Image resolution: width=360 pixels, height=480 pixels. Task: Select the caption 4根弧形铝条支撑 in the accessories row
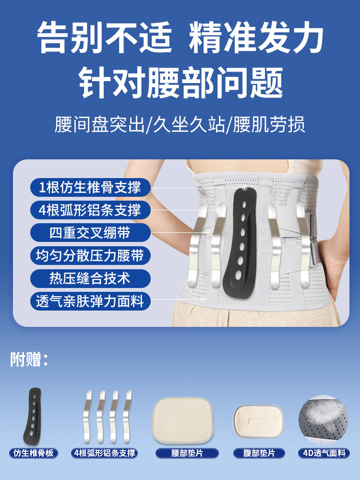[x=105, y=453]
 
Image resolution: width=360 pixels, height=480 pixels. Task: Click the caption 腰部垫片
[x=187, y=453]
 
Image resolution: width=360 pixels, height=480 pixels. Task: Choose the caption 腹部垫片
[x=260, y=453]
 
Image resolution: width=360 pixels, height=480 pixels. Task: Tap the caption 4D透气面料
[x=324, y=453]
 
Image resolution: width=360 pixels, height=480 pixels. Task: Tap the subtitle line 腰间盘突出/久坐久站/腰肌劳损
[x=180, y=125]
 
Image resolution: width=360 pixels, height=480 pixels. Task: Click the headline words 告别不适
[x=104, y=38]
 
